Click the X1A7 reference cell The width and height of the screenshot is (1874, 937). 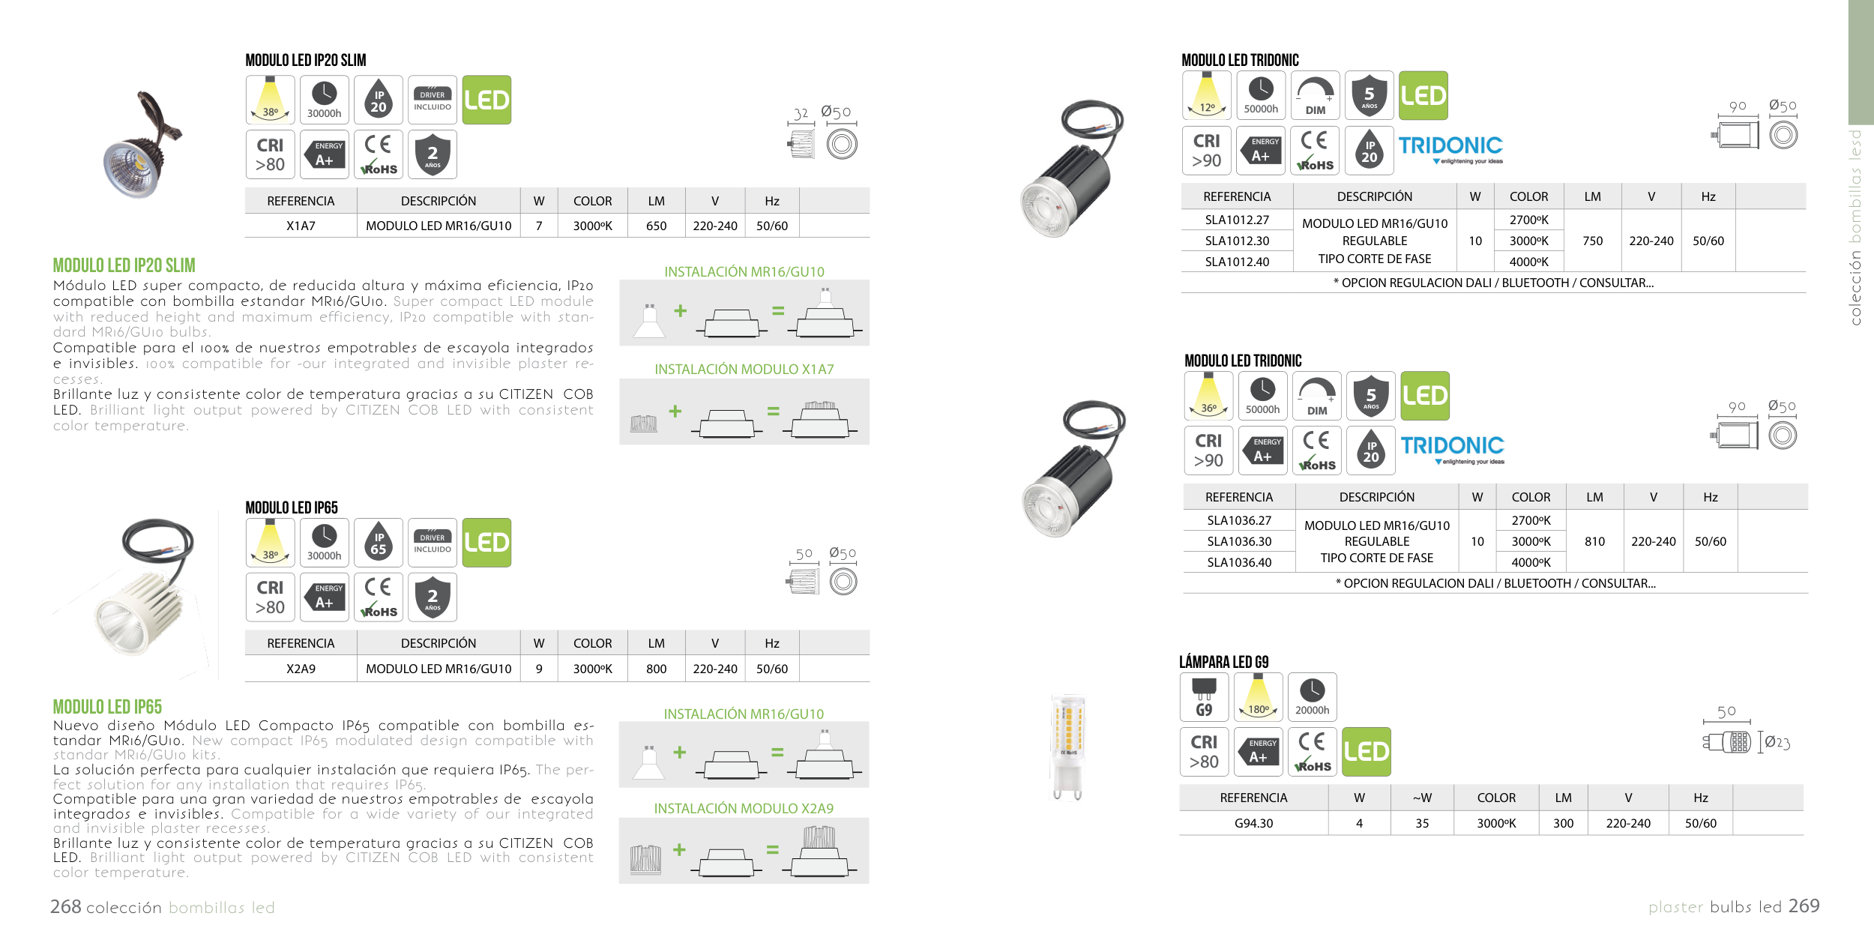point(301,226)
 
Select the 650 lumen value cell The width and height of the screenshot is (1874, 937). point(656,226)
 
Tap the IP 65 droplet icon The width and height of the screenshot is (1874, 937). point(379,543)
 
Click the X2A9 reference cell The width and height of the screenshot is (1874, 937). point(301,669)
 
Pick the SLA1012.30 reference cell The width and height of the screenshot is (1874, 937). point(1237,241)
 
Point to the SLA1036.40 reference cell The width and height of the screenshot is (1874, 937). point(1239,562)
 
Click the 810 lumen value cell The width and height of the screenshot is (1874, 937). point(1594,541)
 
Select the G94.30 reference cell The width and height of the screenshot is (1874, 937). point(1253,823)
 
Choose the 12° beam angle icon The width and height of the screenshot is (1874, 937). point(1207,96)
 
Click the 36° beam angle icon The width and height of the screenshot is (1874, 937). point(1208,396)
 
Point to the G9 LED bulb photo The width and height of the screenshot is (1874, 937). point(1068,747)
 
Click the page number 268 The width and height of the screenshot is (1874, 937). point(65,907)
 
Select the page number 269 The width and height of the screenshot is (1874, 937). point(1804,906)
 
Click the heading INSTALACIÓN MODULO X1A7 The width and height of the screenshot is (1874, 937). point(744,370)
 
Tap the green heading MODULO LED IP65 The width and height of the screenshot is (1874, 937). point(107,707)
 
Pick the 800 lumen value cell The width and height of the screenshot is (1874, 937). point(656,669)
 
